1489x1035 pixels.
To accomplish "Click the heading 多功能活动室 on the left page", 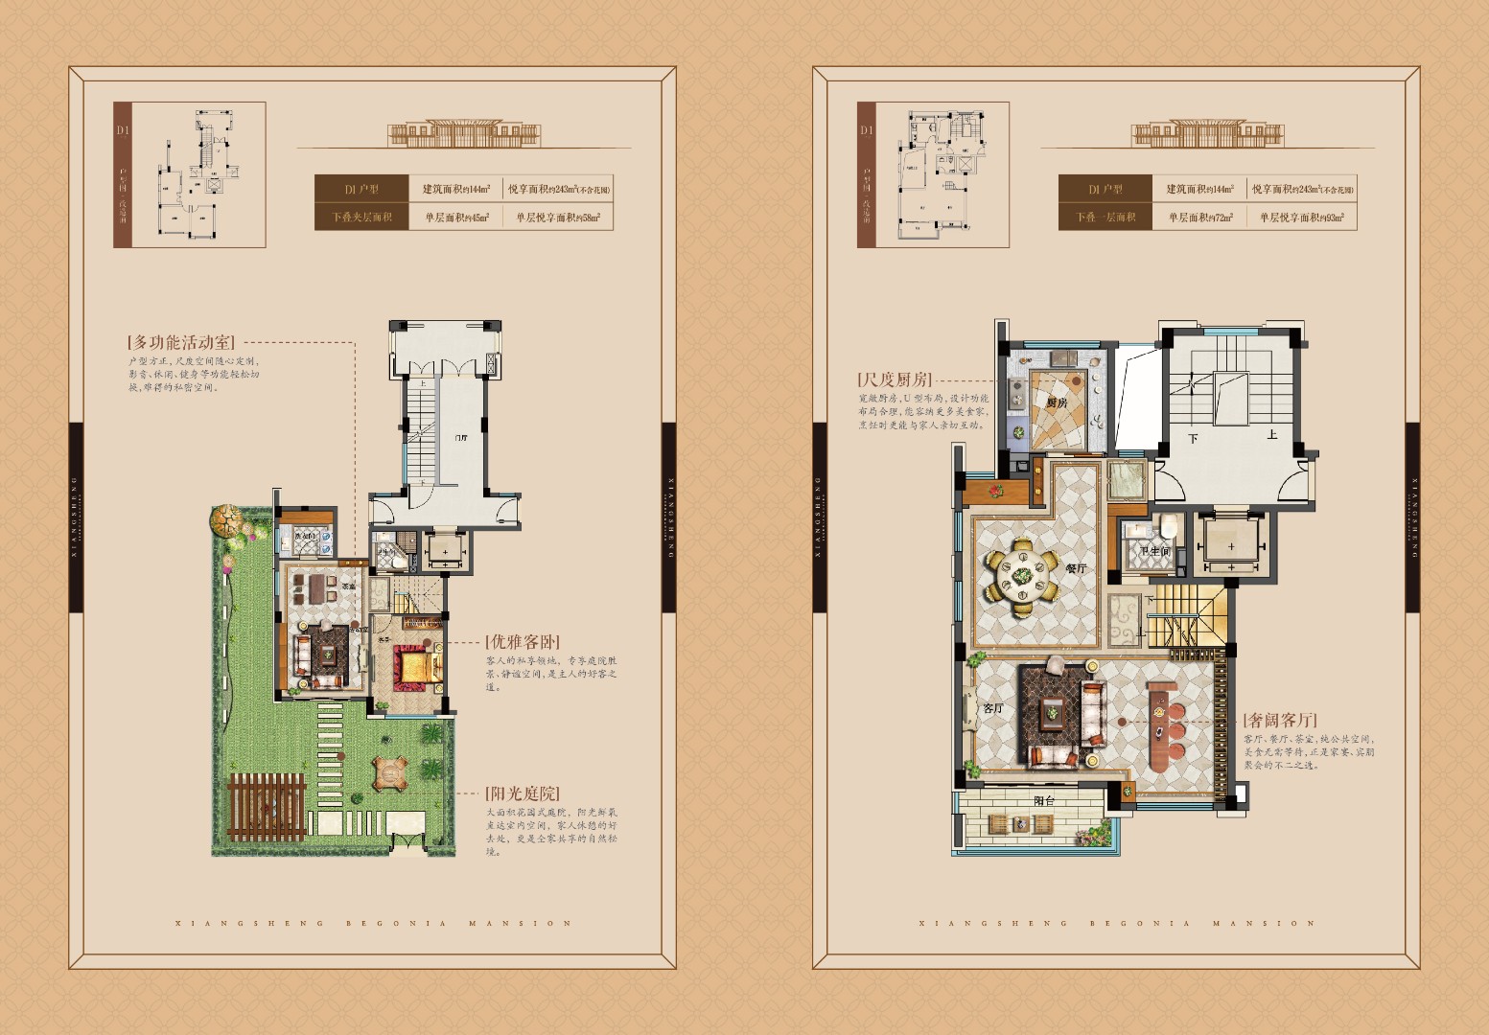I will [180, 342].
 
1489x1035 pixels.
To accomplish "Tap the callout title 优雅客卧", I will [522, 641].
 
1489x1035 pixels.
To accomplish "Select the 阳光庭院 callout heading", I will [522, 793].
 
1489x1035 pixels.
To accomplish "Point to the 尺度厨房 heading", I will [894, 379].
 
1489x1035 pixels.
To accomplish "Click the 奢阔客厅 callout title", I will [1280, 720].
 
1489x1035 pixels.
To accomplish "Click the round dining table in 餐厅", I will [1022, 578].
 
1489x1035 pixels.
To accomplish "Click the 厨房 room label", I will [1056, 403].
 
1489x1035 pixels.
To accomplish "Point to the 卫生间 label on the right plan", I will [1154, 551].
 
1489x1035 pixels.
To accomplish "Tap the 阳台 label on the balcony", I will [1043, 801].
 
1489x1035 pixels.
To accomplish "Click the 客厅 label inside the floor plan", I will [992, 708].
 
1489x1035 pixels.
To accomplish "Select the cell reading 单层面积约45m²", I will [456, 218].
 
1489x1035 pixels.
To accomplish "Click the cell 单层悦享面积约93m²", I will [1301, 218].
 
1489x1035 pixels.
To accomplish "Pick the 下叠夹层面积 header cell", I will [361, 218].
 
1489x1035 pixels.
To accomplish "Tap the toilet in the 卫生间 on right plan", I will [1168, 527].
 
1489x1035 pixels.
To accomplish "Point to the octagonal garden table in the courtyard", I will [390, 772].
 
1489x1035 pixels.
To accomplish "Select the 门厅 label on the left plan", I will [460, 438].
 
